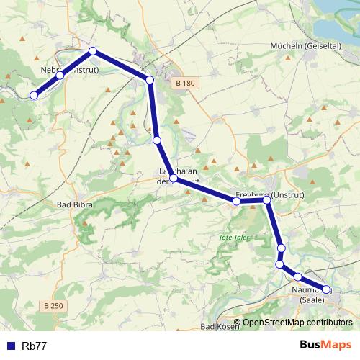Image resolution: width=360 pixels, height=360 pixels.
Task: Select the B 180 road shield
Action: click(x=185, y=84)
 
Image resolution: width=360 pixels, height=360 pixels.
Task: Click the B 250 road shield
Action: click(x=53, y=306)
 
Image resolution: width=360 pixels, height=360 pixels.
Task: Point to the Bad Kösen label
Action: click(x=218, y=327)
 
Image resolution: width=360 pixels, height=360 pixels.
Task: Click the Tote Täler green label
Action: click(x=232, y=237)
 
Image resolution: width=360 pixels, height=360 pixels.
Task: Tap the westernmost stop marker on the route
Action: click(x=33, y=95)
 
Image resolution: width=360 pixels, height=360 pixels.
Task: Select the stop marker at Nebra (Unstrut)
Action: click(x=60, y=75)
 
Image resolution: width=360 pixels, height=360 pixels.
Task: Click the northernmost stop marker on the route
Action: click(x=93, y=51)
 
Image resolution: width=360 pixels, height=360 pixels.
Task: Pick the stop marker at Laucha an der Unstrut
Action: click(x=174, y=178)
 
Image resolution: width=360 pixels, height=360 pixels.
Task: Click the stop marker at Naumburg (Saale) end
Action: click(x=326, y=289)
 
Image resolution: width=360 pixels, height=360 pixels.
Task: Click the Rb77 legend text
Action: click(x=35, y=346)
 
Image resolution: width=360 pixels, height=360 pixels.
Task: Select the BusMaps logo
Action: click(x=325, y=346)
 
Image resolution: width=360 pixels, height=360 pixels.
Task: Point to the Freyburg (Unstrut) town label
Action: click(x=263, y=195)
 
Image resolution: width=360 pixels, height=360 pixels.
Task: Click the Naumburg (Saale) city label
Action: click(x=311, y=294)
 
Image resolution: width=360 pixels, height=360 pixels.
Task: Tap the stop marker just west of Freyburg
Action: click(x=236, y=202)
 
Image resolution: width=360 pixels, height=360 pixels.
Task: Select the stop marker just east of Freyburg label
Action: click(x=267, y=199)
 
